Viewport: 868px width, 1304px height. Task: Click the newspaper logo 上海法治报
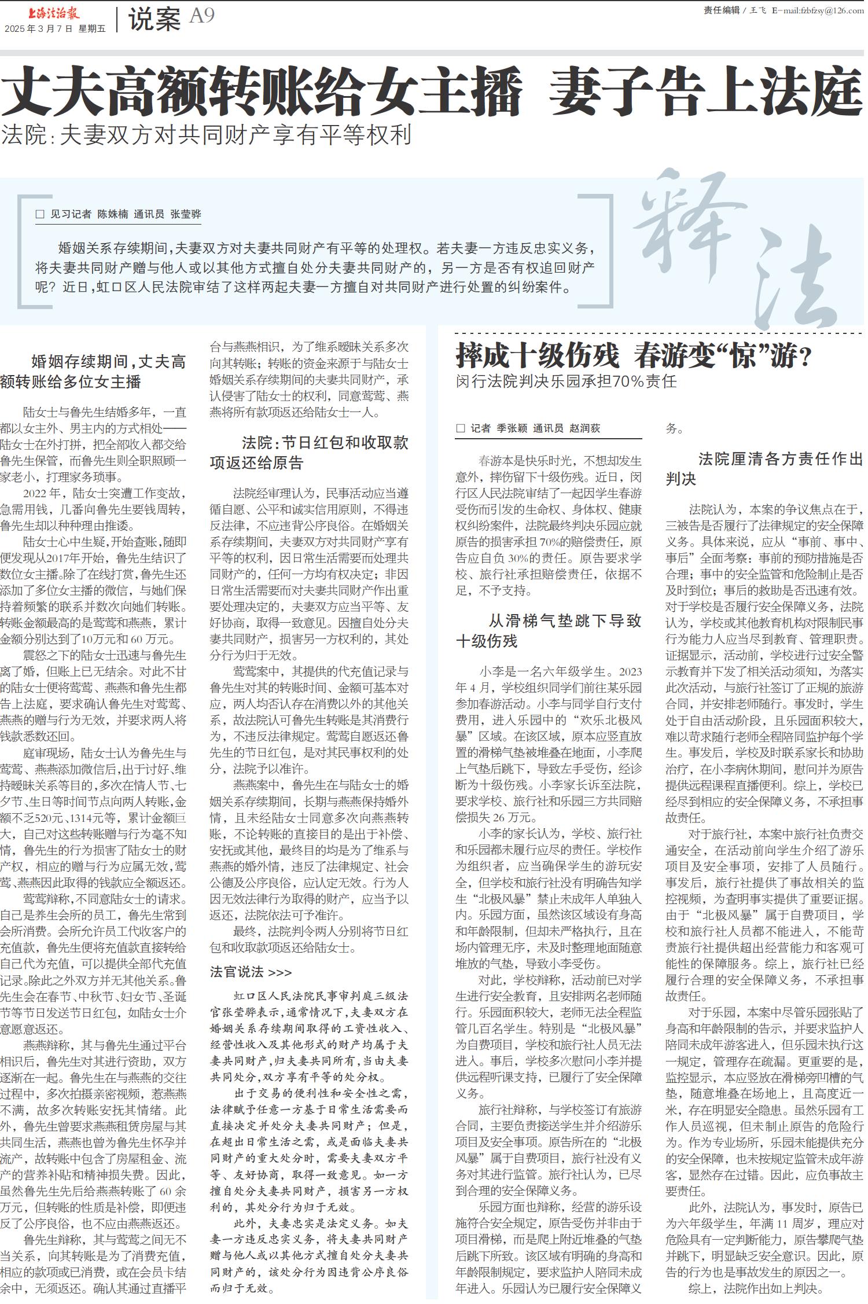(x=54, y=13)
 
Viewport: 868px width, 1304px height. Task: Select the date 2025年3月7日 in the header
(x=39, y=28)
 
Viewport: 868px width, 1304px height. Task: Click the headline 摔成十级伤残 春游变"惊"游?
(x=634, y=355)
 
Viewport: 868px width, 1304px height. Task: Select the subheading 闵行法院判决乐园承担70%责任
(x=565, y=381)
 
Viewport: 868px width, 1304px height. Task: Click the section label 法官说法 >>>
(x=251, y=972)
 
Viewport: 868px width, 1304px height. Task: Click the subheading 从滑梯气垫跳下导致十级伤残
(x=548, y=631)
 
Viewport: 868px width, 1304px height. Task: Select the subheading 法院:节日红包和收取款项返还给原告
(x=309, y=453)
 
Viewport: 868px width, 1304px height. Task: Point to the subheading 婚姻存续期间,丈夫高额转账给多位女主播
(x=93, y=372)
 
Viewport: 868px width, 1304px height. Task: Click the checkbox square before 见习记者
(x=40, y=214)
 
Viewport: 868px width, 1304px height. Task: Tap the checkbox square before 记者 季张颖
(x=461, y=428)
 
